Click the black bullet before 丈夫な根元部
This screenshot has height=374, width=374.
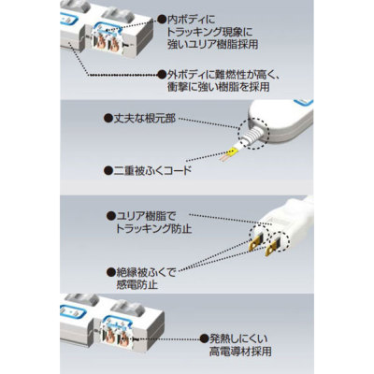pyautogui.click(x=108, y=121)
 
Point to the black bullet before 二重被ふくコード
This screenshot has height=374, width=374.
pyautogui.click(x=108, y=172)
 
